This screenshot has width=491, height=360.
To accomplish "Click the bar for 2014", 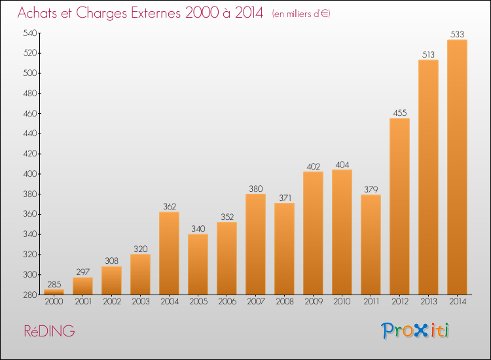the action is point(457,167).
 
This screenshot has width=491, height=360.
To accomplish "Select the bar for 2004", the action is point(169,253).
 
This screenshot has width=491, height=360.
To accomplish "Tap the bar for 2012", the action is point(399,206).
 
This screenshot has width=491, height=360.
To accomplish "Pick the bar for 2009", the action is point(313,233).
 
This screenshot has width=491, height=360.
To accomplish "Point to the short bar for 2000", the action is point(54,292).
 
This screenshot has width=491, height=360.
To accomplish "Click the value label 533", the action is point(457,34).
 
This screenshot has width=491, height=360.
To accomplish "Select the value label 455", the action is point(399,113).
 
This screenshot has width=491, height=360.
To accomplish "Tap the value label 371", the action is point(285,198).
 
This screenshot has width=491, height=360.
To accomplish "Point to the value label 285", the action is point(54,284).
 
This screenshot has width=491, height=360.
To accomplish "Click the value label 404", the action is point(342,165).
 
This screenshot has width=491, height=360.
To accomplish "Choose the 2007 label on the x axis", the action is point(256,302).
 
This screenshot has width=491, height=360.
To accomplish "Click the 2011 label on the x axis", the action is point(371,302).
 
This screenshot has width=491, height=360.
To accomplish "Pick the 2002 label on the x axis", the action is point(112,302).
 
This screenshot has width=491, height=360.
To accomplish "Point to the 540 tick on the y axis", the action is point(30,33).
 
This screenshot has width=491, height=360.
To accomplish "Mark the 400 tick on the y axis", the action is point(30,173).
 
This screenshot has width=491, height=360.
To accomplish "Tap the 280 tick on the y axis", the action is point(30,295).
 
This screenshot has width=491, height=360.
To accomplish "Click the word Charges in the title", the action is point(101,14).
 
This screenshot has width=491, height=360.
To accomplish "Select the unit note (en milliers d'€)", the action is point(301,14).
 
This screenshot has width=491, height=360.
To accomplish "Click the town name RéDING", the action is point(50,331).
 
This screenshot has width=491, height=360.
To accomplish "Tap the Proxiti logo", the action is point(414,331).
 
